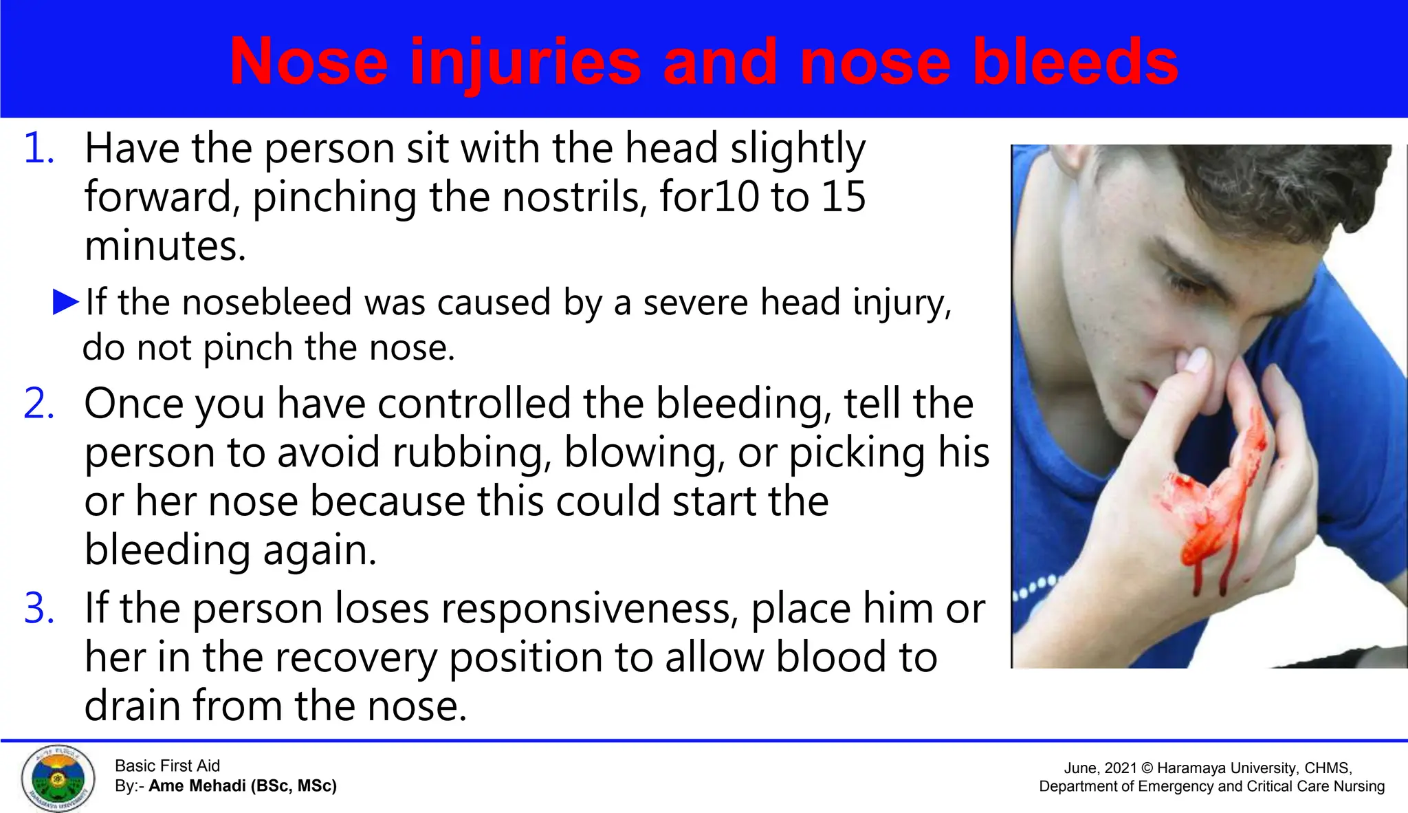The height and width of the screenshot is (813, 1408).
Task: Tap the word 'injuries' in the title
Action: click(525, 63)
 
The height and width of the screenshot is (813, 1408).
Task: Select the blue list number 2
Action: click(38, 404)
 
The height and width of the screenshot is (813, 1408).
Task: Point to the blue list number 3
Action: click(38, 609)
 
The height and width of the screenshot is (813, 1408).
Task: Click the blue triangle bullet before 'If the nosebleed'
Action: click(66, 302)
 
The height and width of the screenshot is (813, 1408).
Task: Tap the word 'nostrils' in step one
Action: click(574, 197)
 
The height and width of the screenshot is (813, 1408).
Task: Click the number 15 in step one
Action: click(842, 197)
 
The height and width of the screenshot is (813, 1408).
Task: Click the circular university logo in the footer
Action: click(58, 778)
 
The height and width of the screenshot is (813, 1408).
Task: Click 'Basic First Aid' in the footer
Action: click(167, 766)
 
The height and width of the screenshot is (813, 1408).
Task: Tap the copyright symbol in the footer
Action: click(1147, 768)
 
